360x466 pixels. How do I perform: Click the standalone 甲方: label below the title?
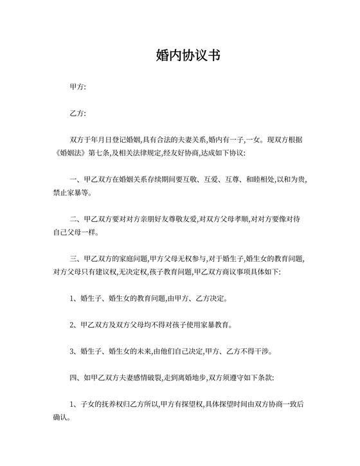[x=77, y=86]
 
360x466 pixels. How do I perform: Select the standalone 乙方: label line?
[x=77, y=113]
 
